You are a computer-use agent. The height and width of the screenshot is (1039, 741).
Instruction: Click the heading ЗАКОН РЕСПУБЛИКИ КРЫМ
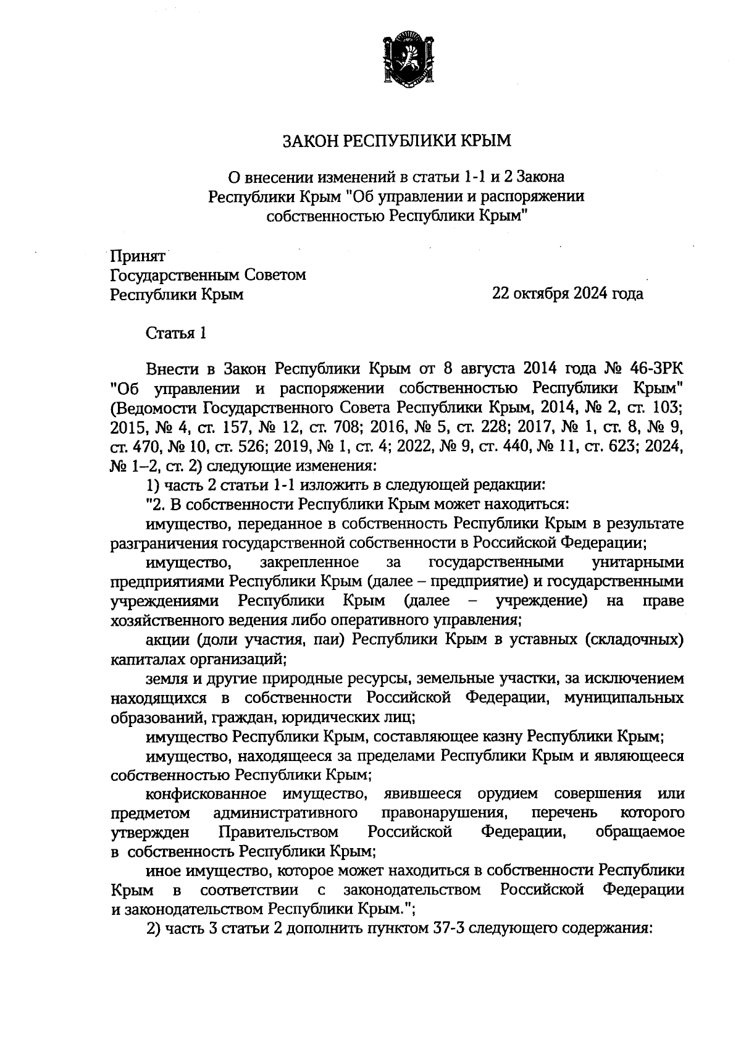[397, 141]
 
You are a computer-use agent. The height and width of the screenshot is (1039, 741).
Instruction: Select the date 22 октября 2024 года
[567, 293]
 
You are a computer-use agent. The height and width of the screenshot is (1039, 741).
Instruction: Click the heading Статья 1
[175, 334]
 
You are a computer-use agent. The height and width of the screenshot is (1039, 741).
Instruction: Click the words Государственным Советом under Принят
[208, 274]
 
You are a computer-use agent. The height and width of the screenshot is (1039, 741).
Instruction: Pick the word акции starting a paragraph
[165, 639]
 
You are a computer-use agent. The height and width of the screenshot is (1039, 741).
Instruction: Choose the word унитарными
[637, 563]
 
